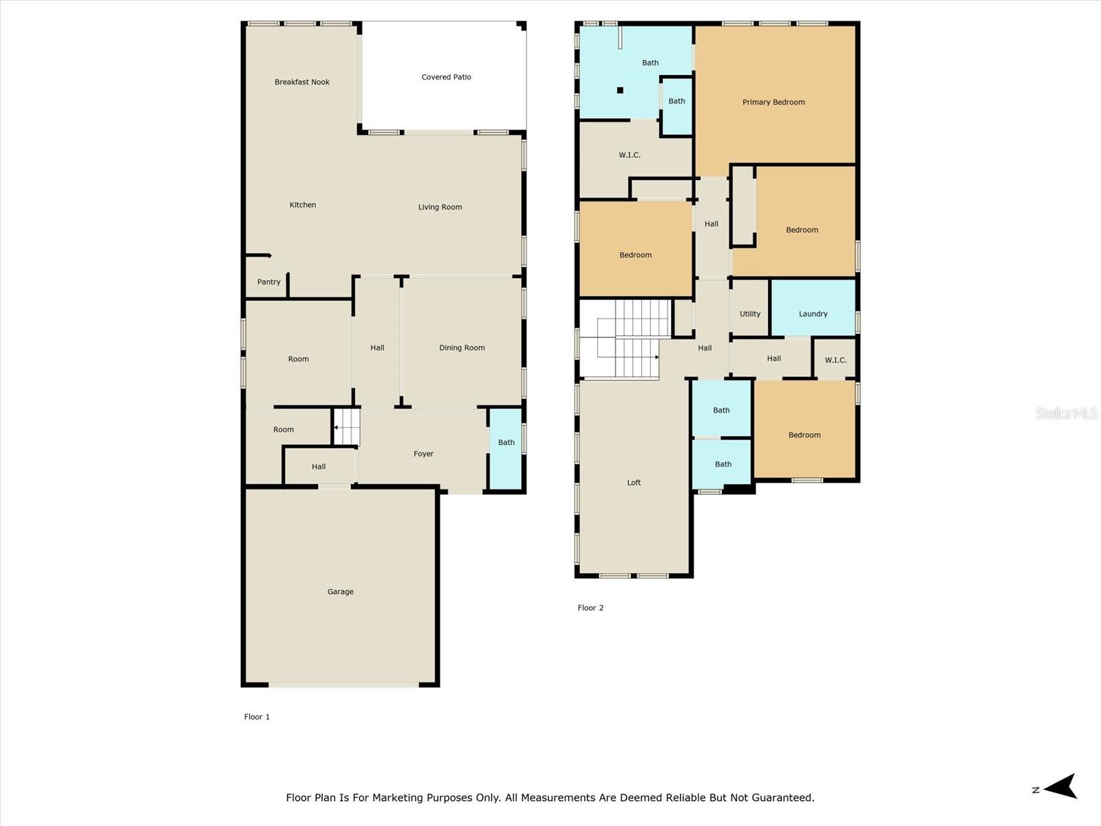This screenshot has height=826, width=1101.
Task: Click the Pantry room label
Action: [268, 282]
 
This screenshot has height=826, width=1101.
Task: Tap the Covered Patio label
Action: [446, 77]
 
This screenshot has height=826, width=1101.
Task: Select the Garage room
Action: [340, 591]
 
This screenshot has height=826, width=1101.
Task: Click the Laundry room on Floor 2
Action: [813, 313]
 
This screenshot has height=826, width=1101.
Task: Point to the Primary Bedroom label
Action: [773, 102]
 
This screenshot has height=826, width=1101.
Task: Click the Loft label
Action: [634, 483]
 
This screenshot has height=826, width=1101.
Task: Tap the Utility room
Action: [750, 313]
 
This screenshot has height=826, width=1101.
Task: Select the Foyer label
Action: [423, 454]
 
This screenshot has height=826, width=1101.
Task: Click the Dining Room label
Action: [462, 348]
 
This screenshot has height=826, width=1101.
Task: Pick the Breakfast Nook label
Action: [301, 82]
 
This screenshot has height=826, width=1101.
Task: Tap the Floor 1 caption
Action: [257, 717]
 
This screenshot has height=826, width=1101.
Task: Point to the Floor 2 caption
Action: [590, 608]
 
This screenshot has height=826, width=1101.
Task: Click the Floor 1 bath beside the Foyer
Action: [506, 443]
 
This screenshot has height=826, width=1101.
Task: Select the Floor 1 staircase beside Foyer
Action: [347, 427]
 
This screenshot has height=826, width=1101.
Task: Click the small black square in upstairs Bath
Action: [620, 90]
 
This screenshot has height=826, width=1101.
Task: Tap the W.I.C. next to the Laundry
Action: [835, 360]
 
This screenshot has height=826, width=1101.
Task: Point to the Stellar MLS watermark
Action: [1067, 413]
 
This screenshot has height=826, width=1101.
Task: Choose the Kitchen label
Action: [302, 204]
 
